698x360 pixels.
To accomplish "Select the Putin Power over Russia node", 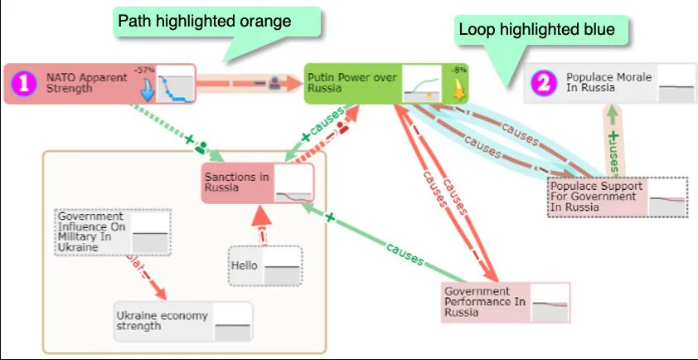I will tap(352, 83).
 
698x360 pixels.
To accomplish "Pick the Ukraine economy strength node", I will tap(162, 321).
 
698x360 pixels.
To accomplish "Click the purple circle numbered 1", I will tap(25, 82).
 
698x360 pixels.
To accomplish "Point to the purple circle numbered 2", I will tap(544, 82).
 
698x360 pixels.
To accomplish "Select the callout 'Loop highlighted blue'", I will tap(536, 30).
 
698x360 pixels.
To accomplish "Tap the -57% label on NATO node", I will tap(145, 70).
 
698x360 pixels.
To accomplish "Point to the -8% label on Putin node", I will tap(458, 70).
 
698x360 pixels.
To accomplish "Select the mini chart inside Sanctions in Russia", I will tap(294, 183).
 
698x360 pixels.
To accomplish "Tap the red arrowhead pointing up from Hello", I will tap(260, 217).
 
